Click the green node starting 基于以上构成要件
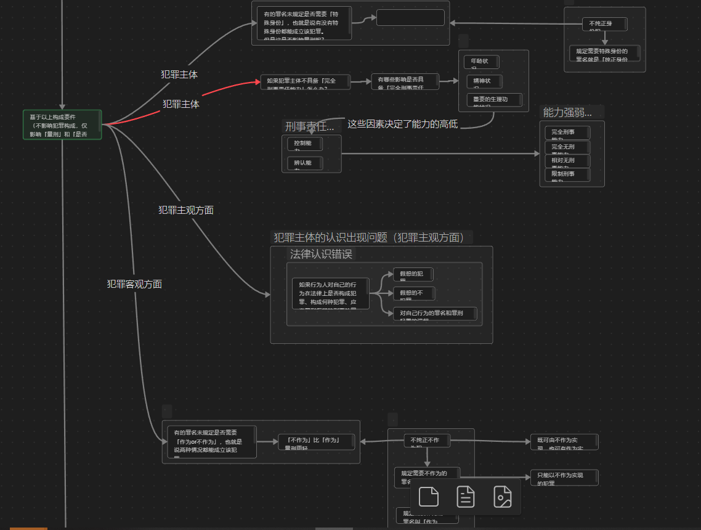pyautogui.click(x=62, y=125)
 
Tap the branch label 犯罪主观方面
pyautogui.click(x=185, y=210)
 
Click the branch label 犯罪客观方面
pyautogui.click(x=134, y=284)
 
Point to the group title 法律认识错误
pyautogui.click(x=322, y=254)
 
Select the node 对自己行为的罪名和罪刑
pyautogui.click(x=435, y=314)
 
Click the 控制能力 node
pyautogui.click(x=304, y=144)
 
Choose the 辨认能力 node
pyautogui.click(x=304, y=163)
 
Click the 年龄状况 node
pyautogui.click(x=481, y=62)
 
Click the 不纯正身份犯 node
pyautogui.click(x=604, y=24)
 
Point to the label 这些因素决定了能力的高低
pyautogui.click(x=402, y=124)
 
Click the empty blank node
pyautogui.click(x=410, y=18)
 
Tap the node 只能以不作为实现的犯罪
pyautogui.click(x=564, y=477)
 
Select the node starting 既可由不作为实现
pyautogui.click(x=564, y=441)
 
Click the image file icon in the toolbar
pyautogui.click(x=503, y=497)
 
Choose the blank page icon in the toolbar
pyautogui.click(x=428, y=497)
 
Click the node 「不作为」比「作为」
pyautogui.click(x=317, y=441)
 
